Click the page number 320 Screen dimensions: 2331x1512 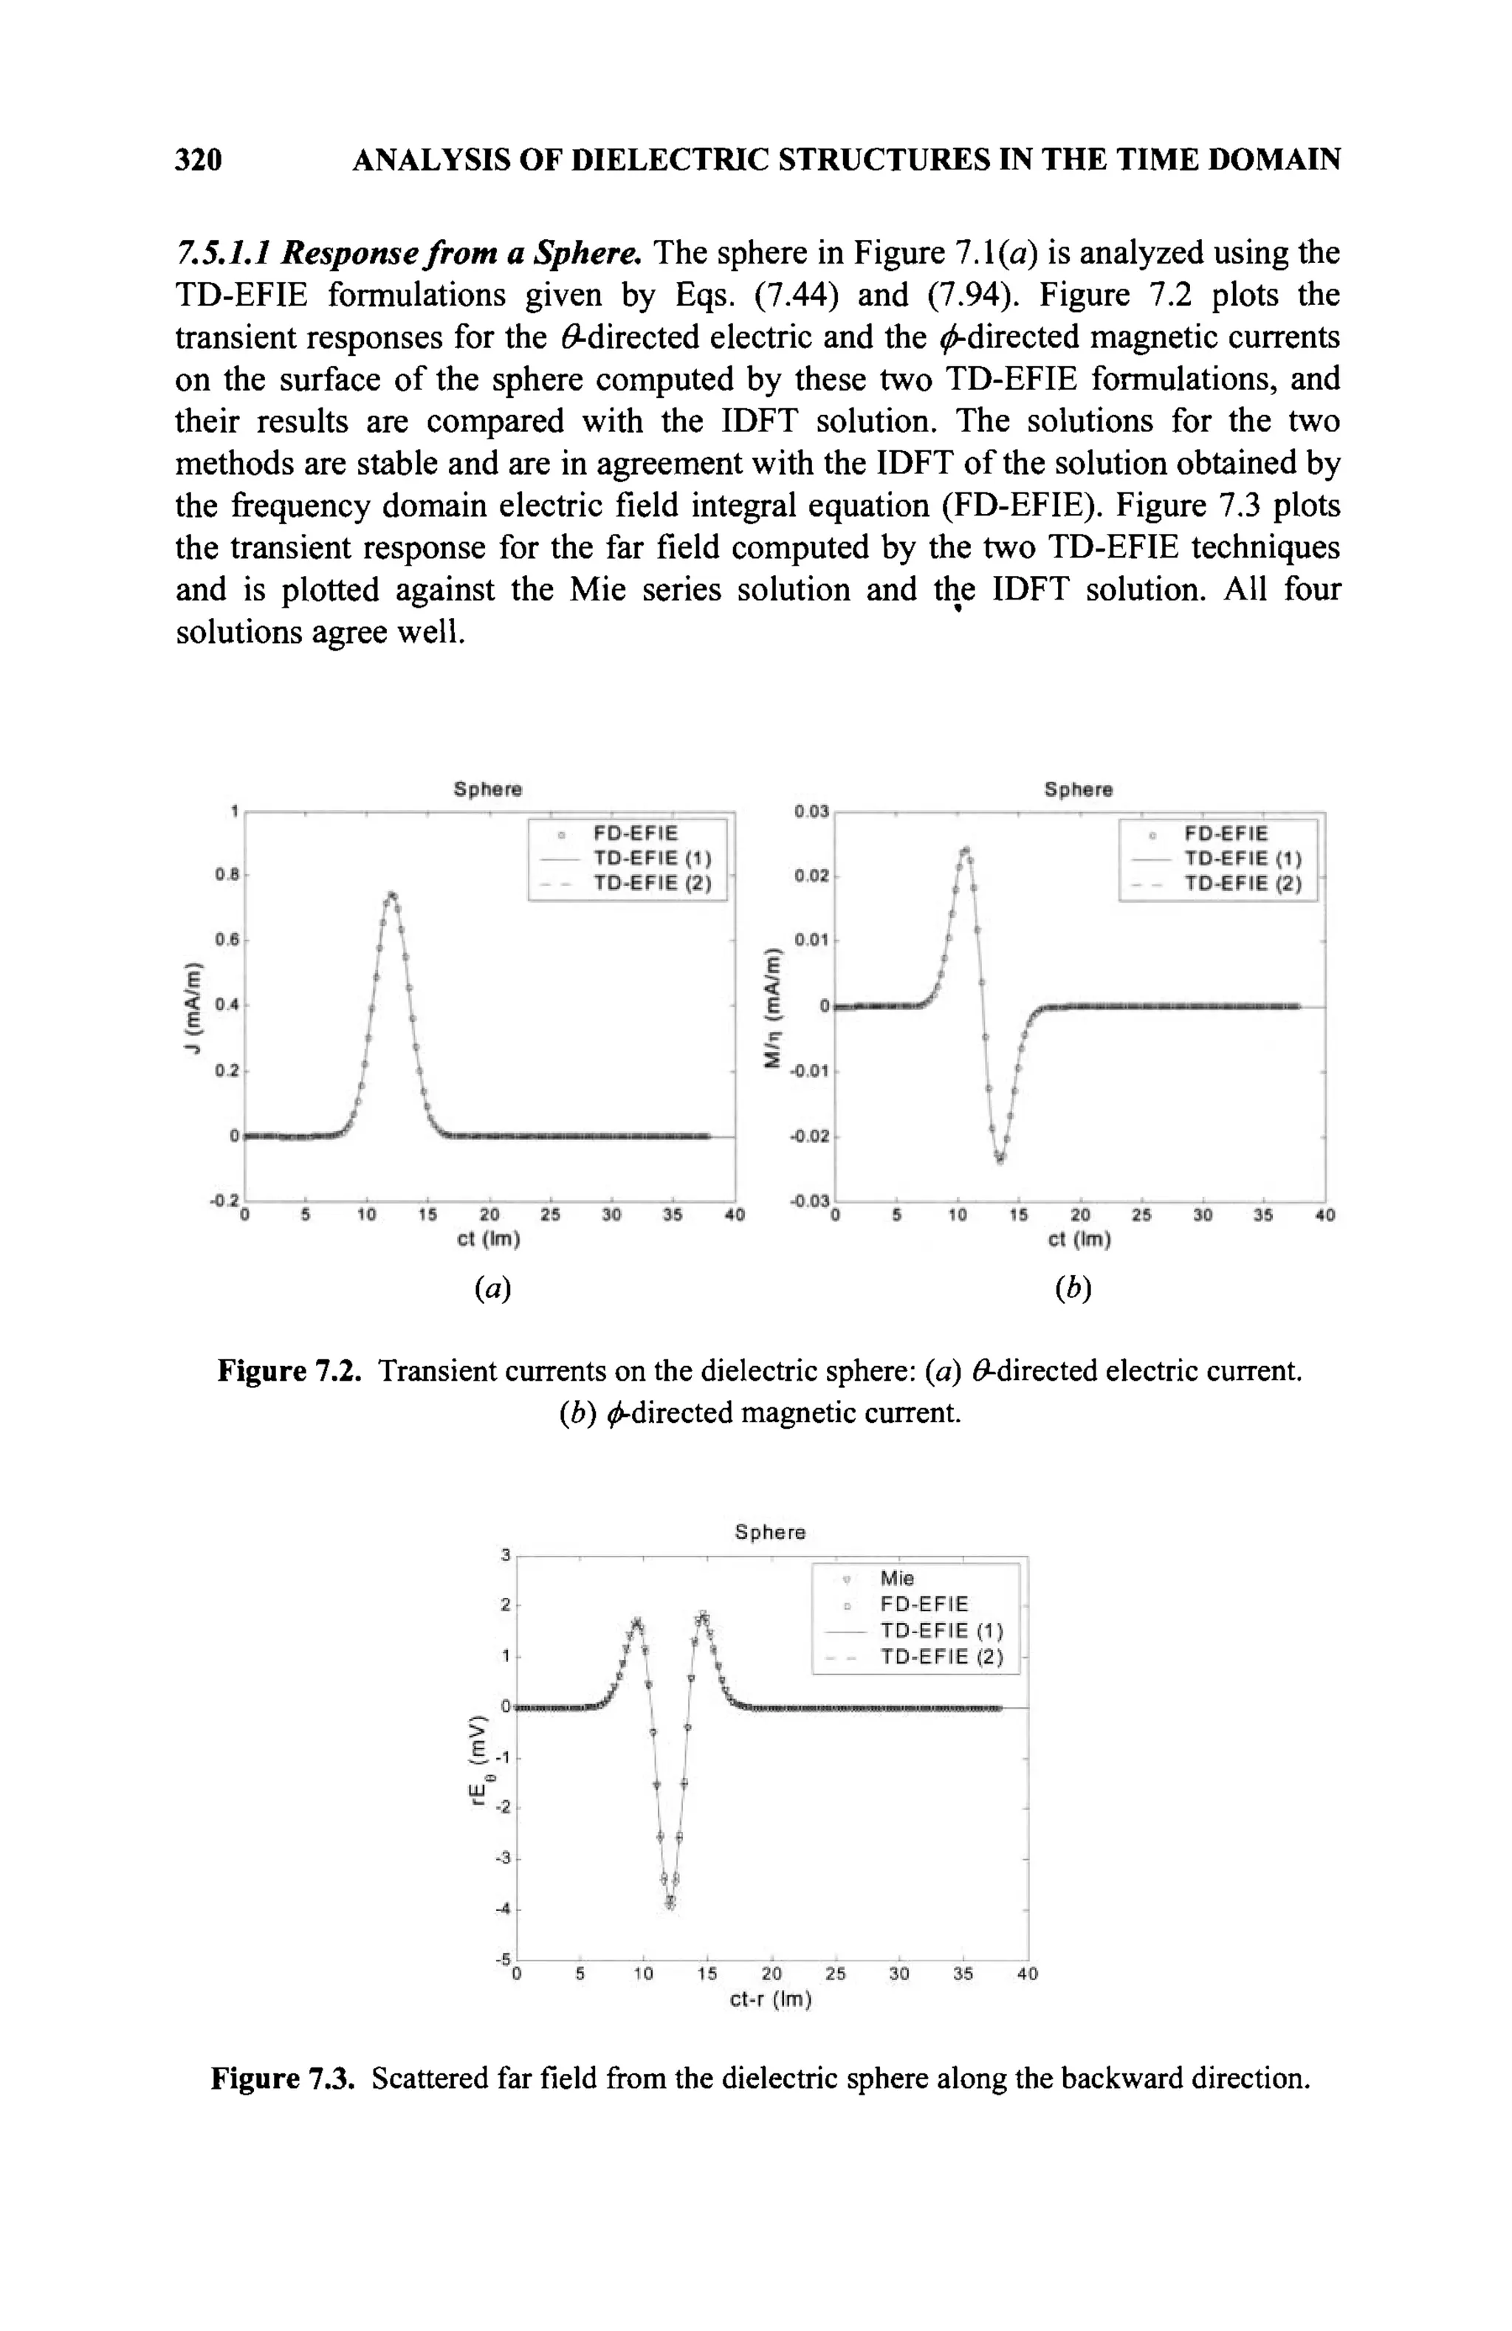pos(199,159)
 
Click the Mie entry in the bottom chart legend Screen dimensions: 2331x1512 pos(896,1578)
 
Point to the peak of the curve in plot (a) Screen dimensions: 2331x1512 pos(392,894)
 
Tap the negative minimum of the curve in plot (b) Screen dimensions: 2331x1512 pos(1000,1158)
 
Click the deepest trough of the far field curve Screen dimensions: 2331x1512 pos(670,1903)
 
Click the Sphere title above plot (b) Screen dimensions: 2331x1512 pos(1077,789)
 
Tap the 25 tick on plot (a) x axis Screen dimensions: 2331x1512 pos(550,1215)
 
